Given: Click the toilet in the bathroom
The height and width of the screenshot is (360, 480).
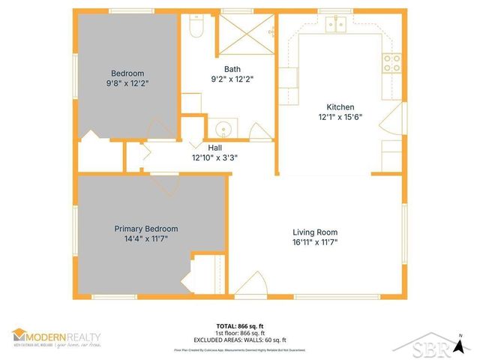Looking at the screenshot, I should pyautogui.click(x=198, y=27).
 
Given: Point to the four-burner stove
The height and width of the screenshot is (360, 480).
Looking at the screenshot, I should pyautogui.click(x=391, y=63).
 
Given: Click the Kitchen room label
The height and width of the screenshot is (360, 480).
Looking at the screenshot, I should pyautogui.click(x=340, y=107).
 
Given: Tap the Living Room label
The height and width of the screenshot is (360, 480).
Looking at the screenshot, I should pyautogui.click(x=315, y=232).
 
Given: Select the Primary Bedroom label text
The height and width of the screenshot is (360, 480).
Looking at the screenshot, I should pyautogui.click(x=146, y=229).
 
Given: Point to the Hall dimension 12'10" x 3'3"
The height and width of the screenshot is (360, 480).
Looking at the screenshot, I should pyautogui.click(x=214, y=158).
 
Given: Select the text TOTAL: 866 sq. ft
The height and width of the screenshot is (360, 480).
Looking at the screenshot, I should pyautogui.click(x=240, y=325).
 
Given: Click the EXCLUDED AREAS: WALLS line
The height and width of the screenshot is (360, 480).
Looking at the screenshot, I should pyautogui.click(x=240, y=339).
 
